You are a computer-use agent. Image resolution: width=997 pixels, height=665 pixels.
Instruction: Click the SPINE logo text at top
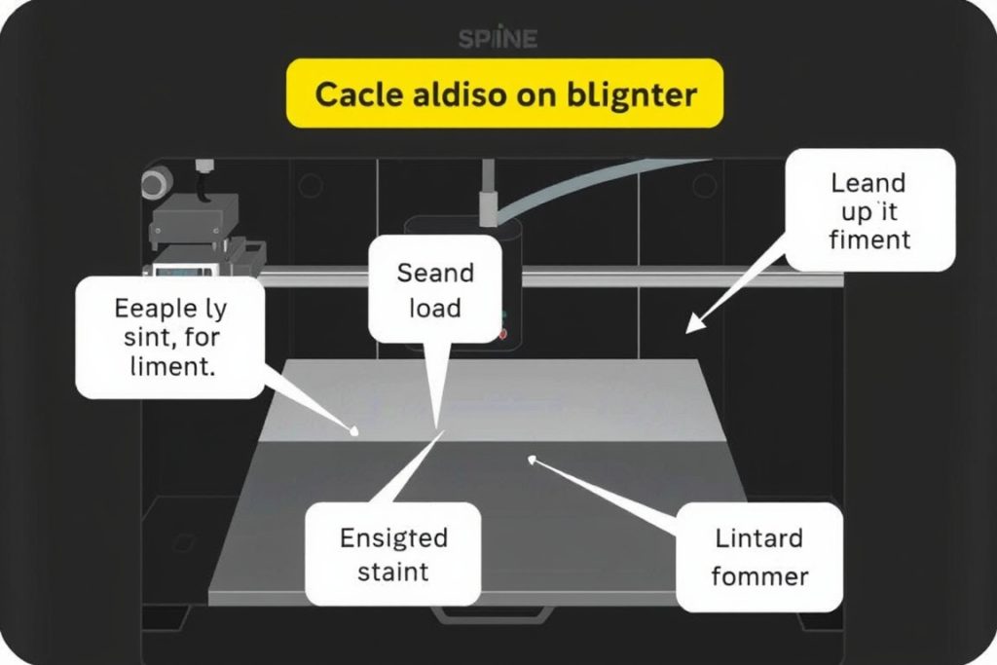[498, 39]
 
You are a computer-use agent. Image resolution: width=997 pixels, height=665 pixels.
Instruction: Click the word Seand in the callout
[435, 273]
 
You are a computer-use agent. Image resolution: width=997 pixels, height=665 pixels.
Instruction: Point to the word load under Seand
[434, 308]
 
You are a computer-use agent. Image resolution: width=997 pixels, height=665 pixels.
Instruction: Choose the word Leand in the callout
[868, 183]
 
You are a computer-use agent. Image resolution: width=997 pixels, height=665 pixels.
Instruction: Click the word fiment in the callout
[868, 239]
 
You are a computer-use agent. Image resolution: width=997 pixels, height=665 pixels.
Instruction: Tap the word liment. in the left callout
[172, 368]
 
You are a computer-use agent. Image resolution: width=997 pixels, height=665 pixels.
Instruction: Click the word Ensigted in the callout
[393, 537]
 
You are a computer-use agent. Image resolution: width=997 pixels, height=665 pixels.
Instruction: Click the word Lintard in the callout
[759, 537]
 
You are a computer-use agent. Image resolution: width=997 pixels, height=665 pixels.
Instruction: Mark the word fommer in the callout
[759, 575]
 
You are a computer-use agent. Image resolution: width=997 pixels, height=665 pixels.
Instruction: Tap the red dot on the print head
[503, 334]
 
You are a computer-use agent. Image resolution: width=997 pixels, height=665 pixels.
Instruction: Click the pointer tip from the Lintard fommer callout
[531, 459]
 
